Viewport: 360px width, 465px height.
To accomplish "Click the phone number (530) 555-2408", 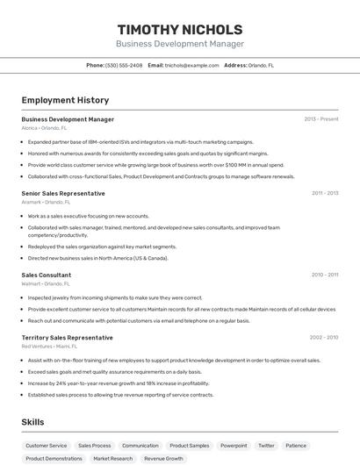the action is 124,65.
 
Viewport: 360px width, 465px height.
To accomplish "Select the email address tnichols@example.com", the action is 191,65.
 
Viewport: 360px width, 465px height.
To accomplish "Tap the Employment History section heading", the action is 65,100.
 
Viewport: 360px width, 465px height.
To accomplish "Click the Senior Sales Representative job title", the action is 63,193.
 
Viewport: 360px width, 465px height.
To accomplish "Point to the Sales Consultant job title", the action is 47,275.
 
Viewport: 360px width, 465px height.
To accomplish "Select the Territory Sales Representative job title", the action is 67,338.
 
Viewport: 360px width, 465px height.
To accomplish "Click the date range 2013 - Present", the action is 320,119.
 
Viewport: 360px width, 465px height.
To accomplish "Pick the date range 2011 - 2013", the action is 324,193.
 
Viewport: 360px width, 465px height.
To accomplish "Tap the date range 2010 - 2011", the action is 324,275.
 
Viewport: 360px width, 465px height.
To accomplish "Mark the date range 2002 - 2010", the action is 323,338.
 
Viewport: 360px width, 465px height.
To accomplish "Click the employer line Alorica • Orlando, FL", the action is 46,128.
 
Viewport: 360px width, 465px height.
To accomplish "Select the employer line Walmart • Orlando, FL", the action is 46,283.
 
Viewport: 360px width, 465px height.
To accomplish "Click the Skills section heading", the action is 33,422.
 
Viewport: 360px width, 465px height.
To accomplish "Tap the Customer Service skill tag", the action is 46,446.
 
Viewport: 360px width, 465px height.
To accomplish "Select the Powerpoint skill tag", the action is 234,446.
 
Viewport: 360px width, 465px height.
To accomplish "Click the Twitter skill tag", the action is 266,446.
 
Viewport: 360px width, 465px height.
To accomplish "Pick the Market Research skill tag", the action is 113,458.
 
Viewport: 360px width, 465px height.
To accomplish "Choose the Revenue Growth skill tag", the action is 164,458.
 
